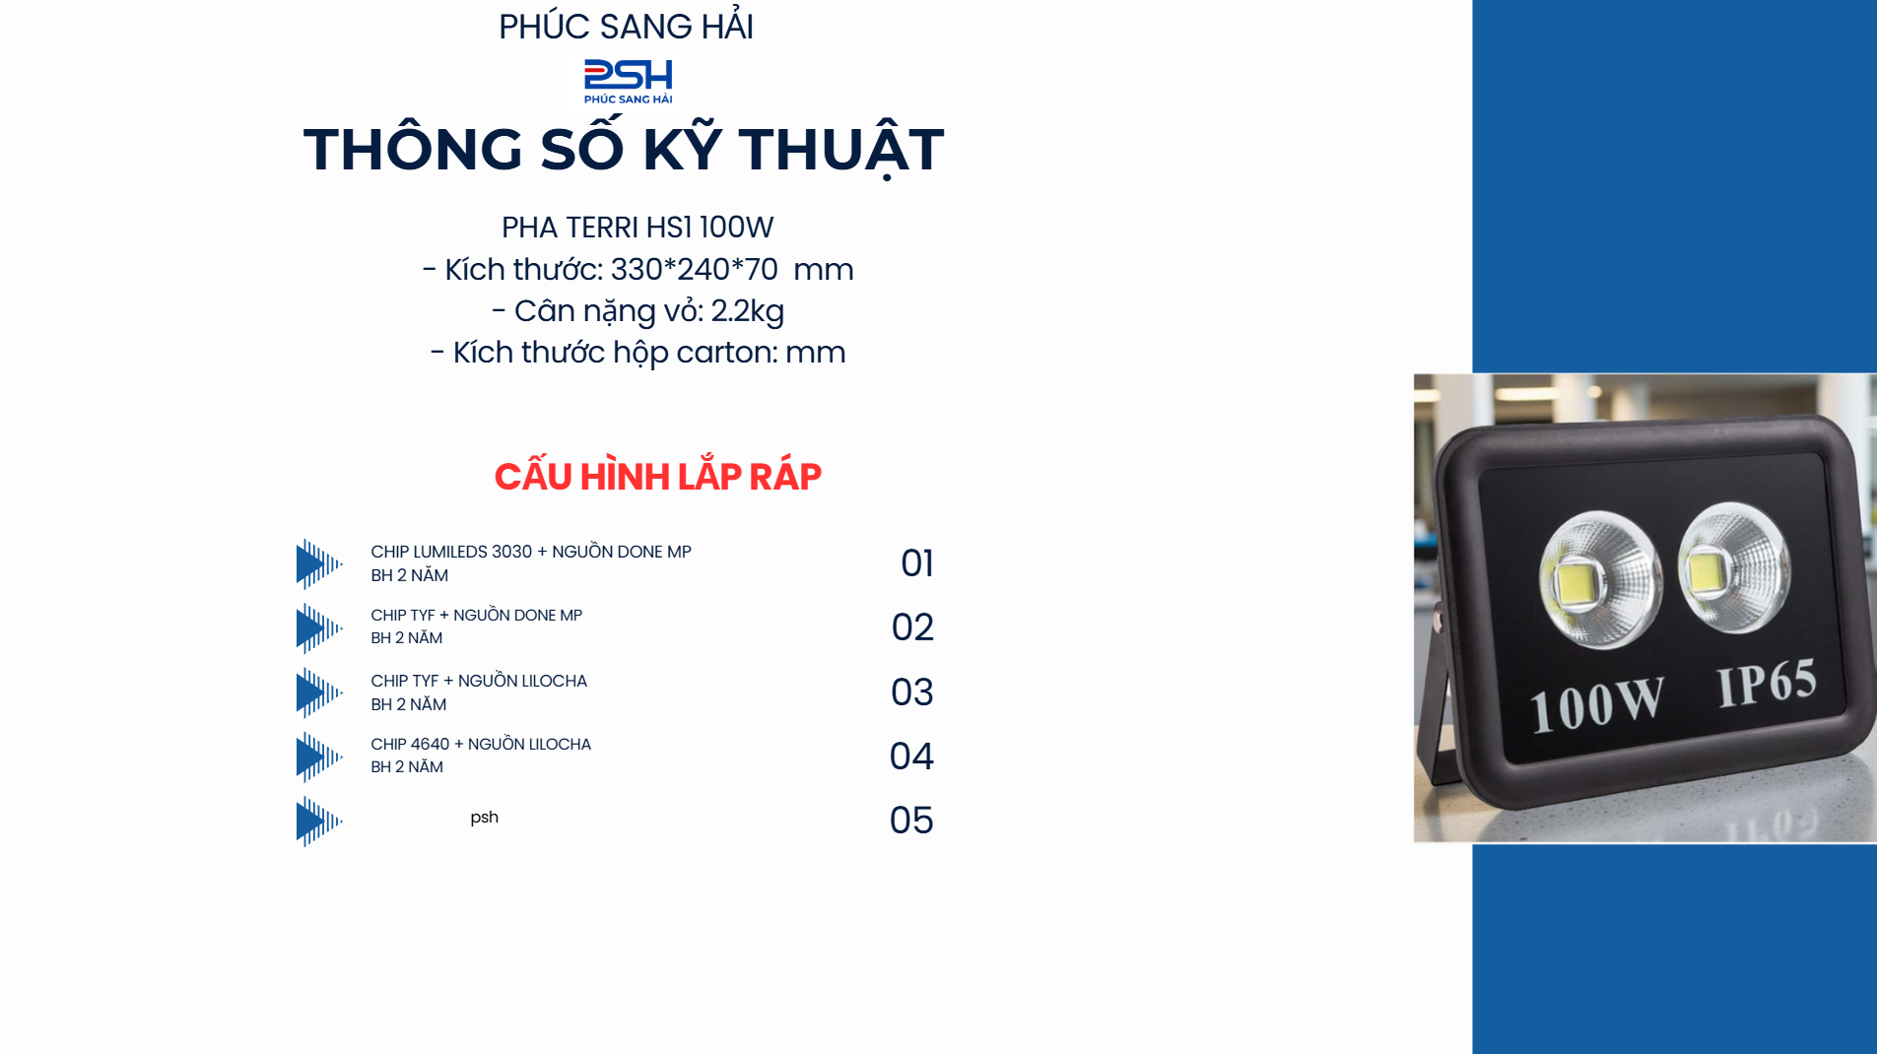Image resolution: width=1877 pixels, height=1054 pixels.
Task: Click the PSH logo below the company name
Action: [628, 81]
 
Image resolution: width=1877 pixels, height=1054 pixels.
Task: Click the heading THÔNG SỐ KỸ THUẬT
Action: [624, 149]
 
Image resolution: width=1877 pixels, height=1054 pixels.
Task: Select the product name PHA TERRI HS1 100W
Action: [637, 228]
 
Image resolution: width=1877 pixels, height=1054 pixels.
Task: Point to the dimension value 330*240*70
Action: [694, 269]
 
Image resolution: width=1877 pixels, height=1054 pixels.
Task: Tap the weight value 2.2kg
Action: [747, 311]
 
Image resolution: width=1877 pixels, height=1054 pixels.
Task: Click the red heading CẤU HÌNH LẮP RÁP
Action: [657, 476]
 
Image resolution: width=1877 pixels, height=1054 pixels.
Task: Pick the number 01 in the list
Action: [916, 563]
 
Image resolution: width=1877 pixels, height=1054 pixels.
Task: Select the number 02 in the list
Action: [912, 627]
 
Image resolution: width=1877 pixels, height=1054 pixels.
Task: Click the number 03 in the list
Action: [911, 692]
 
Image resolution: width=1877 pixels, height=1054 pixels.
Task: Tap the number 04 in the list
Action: [911, 757]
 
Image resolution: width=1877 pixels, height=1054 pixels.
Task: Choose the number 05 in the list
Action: [911, 821]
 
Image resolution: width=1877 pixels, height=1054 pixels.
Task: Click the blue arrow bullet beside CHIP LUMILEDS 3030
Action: [319, 563]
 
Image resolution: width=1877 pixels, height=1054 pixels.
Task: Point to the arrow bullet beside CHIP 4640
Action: [319, 757]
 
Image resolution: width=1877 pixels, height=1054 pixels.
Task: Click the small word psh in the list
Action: [484, 818]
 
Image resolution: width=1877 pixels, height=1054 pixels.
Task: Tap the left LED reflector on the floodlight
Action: [1600, 579]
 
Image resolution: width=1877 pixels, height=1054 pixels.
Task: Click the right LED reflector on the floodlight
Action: [1735, 566]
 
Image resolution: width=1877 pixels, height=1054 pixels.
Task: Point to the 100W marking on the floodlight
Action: [1597, 704]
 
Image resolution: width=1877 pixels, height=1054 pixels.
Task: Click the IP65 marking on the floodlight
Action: [1767, 683]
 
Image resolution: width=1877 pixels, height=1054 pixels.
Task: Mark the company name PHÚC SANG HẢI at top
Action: [626, 27]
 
